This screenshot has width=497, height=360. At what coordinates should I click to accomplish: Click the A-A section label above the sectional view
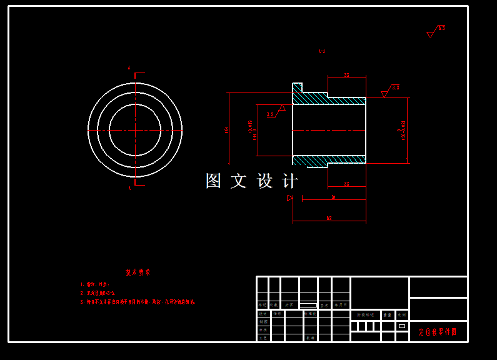321,51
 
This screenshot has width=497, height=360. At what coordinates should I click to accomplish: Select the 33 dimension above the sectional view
346,76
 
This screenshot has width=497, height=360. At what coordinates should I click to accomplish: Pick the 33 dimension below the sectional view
346,184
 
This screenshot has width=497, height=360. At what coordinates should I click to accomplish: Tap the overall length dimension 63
329,218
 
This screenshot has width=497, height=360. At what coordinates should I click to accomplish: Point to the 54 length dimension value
333,197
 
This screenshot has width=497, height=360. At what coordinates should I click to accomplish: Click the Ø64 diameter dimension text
226,130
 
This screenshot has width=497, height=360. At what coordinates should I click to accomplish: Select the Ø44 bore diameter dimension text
253,130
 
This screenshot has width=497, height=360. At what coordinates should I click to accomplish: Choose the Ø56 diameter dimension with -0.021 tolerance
403,130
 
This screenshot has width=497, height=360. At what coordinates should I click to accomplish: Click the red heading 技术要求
138,272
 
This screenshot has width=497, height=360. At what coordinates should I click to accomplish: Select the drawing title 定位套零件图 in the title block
438,332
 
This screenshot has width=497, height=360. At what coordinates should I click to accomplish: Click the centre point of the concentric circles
135,130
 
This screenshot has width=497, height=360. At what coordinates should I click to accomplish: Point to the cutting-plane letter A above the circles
129,67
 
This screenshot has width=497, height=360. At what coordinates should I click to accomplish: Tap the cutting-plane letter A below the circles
129,188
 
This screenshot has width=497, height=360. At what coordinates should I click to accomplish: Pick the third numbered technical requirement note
138,302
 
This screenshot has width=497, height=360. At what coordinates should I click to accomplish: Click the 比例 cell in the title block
402,315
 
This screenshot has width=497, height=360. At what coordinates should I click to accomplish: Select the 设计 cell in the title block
263,314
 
